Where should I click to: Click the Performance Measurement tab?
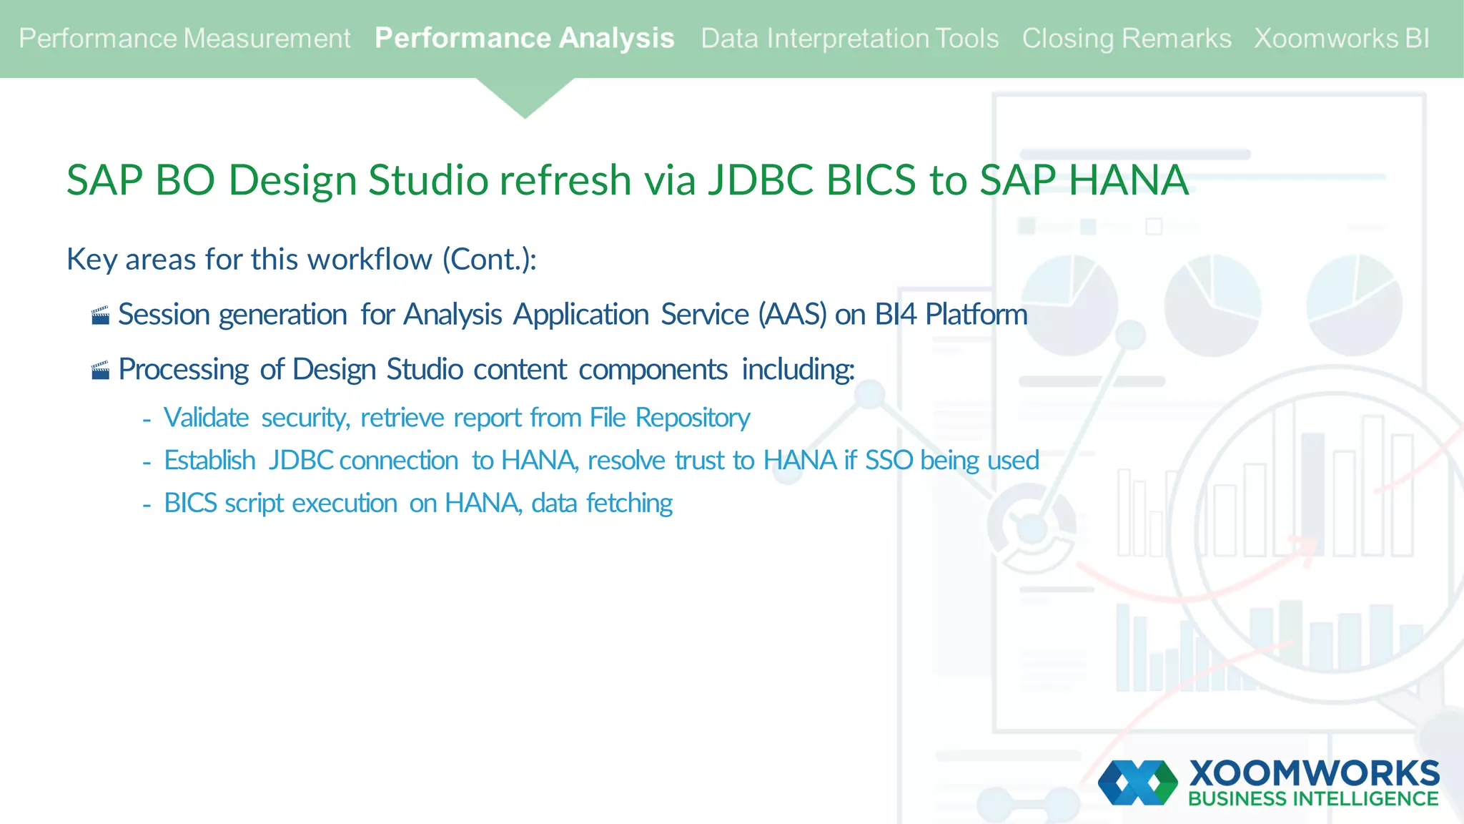click(184, 39)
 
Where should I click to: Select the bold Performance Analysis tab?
click(524, 39)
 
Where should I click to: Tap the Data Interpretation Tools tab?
click(849, 39)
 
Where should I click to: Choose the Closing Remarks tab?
click(1126, 39)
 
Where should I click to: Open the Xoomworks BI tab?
click(1341, 39)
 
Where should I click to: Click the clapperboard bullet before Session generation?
click(101, 315)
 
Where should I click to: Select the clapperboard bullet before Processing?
click(101, 370)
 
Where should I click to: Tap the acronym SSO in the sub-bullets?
click(889, 461)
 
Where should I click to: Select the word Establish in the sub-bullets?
click(209, 461)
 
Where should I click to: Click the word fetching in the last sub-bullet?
click(629, 504)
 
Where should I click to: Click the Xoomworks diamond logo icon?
click(1137, 783)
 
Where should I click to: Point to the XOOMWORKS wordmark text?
click(1314, 773)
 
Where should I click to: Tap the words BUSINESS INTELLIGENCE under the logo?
click(1313, 799)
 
